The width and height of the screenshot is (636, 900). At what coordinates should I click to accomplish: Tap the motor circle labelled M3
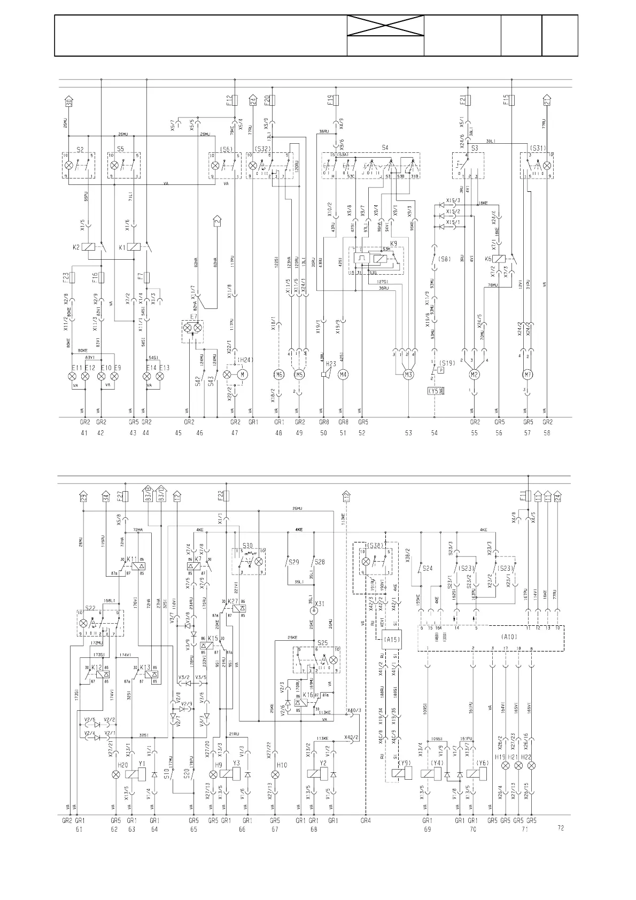click(408, 375)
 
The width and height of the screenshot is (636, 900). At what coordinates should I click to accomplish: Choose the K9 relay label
click(394, 244)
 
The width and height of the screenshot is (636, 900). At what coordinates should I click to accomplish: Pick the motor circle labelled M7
click(527, 375)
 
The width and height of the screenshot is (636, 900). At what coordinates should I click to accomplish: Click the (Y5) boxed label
click(435, 391)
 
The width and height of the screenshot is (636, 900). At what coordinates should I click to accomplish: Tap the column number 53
click(408, 433)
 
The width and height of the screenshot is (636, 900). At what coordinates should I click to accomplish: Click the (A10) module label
click(509, 637)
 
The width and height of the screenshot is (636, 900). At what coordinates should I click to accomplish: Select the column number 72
click(560, 828)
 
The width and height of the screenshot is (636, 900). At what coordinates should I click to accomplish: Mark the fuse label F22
click(221, 495)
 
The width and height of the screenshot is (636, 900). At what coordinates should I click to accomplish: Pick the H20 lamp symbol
click(113, 775)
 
